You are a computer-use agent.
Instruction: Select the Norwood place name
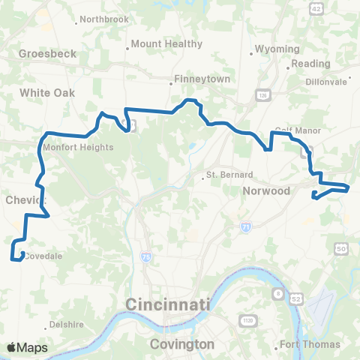click(266, 191)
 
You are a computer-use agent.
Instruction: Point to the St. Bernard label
click(226, 178)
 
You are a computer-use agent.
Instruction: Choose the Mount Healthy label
click(166, 44)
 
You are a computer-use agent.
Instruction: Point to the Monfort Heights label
click(78, 148)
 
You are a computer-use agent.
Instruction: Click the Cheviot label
click(25, 200)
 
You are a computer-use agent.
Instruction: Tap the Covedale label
click(43, 256)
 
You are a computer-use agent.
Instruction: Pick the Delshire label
click(66, 325)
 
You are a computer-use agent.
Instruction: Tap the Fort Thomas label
click(310, 345)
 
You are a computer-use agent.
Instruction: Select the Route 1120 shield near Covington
click(247, 321)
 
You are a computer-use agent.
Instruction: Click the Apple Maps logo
click(27, 347)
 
